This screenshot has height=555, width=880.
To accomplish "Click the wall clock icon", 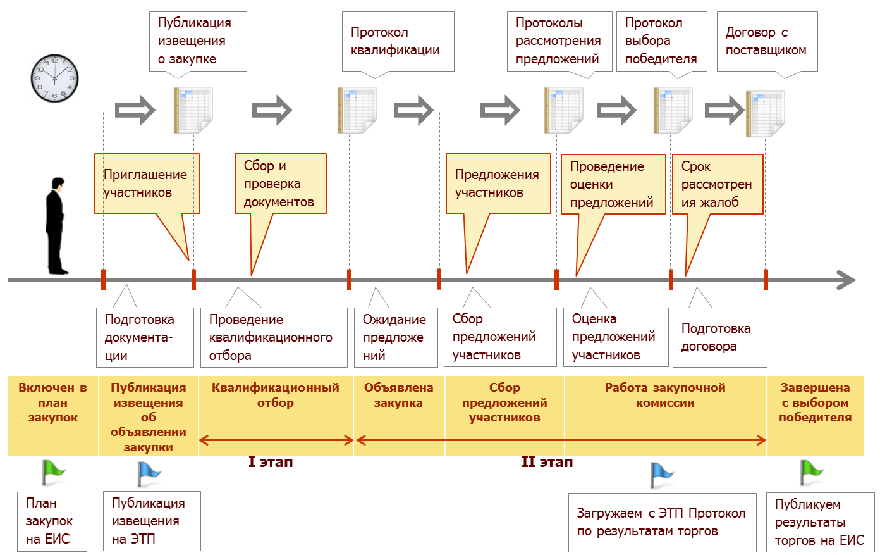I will coord(54,78).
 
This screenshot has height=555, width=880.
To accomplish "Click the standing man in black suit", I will coord(56,226).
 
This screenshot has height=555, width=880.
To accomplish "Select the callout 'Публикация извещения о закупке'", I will coord(198,41).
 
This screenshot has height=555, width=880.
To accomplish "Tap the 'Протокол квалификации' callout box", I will coord(398,41).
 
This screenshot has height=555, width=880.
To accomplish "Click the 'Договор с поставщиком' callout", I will coord(767,41).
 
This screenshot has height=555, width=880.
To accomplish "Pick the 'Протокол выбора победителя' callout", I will coord(661,41).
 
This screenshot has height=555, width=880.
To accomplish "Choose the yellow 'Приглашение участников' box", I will coord(147,184).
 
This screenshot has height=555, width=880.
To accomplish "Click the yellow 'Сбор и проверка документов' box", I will coord(280,184).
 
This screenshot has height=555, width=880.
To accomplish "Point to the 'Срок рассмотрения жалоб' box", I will coord(718,184).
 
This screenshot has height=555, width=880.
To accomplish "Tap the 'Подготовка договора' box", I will coord(719,337).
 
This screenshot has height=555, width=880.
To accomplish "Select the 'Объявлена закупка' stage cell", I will coord(399,396).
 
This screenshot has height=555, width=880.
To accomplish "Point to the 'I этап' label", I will coord(271,463).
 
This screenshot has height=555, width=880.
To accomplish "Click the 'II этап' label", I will coord(547,463).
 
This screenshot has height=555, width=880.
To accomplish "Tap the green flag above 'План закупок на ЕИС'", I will coord(53,472).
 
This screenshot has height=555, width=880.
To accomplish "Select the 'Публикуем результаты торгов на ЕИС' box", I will coord(820,522).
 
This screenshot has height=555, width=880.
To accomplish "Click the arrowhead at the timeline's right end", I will coord(846,280).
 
